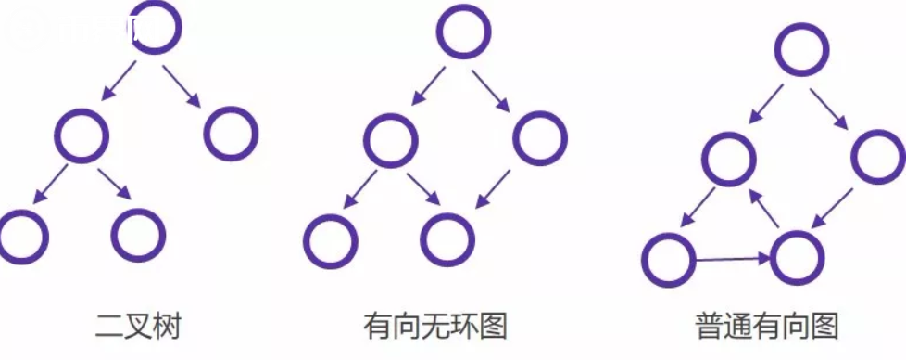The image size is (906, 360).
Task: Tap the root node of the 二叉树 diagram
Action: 156,28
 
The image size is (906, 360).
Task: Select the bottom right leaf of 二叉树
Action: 138,234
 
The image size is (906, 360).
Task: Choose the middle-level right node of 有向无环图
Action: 539,139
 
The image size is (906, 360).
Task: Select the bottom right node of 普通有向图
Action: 796,257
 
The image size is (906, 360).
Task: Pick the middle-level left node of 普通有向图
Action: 729,158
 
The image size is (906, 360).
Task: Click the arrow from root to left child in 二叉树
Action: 120,81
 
